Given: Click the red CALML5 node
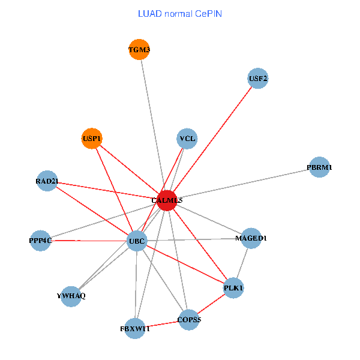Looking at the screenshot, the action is click(167, 200).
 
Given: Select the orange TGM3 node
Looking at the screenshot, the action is click(139, 49).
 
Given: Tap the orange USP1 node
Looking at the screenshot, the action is click(92, 139).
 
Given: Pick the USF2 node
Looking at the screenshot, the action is click(258, 79).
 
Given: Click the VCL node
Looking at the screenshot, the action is click(187, 139).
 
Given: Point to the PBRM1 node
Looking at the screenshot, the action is click(320, 167).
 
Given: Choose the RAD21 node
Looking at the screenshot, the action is click(47, 181).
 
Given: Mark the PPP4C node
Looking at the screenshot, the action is click(40, 241).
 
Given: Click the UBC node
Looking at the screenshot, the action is click(137, 242).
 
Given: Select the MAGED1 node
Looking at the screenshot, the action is click(251, 238).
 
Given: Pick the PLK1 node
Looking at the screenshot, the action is click(233, 288).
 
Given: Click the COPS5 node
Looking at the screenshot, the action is click(188, 320).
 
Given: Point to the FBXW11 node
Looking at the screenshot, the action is click(135, 328).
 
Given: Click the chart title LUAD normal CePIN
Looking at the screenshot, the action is click(180, 13).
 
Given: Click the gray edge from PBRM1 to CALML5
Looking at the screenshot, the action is click(243, 184).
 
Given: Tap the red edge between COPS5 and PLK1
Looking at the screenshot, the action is click(211, 304).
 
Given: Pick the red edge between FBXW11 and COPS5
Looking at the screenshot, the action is click(162, 324).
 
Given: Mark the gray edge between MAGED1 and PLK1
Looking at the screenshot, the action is click(242, 263).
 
